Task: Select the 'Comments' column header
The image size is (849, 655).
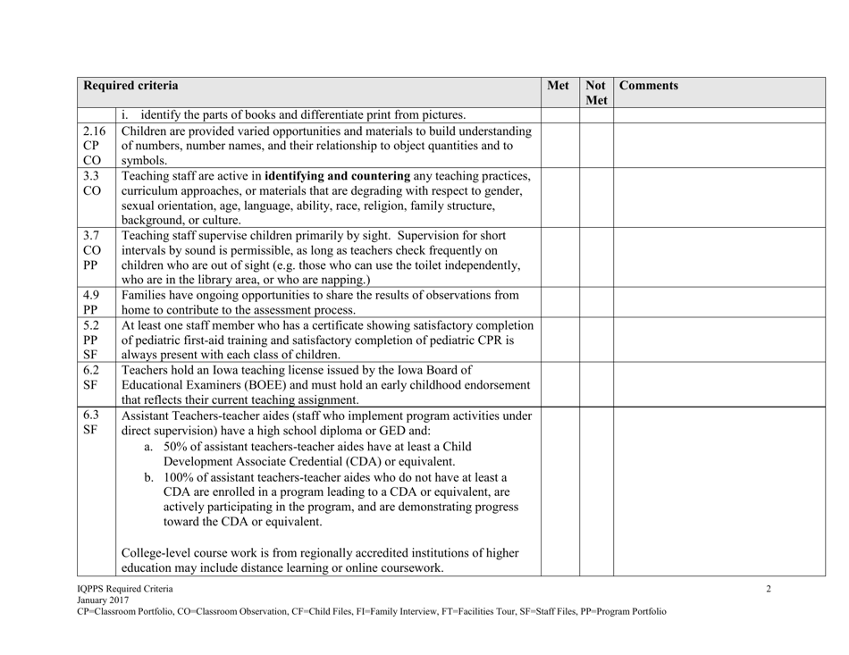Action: (x=651, y=87)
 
